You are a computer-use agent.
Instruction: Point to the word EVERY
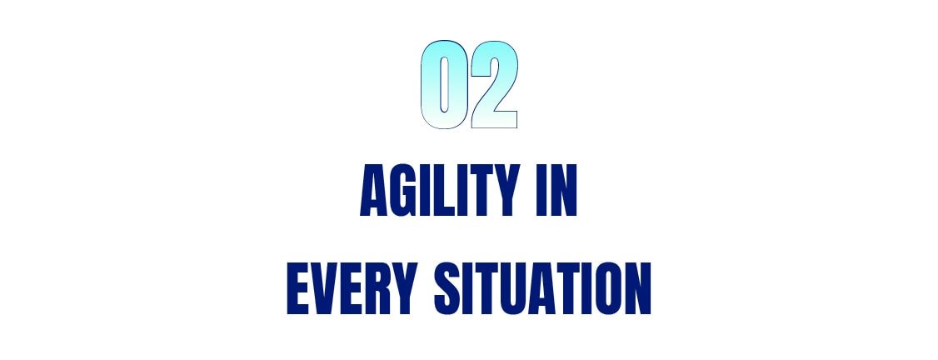tap(352, 288)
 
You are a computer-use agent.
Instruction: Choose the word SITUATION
tap(542, 288)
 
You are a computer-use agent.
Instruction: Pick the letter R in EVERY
tap(379, 288)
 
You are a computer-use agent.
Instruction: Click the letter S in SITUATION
tap(448, 288)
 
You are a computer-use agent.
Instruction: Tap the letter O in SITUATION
tap(609, 288)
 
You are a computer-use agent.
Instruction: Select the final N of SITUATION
tap(638, 288)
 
